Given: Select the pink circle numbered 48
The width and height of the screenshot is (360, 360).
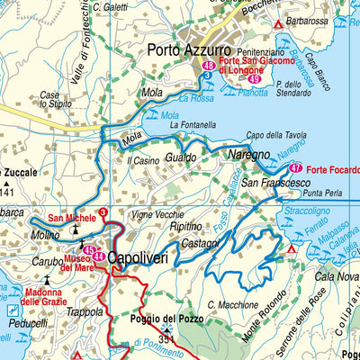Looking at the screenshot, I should (209, 66).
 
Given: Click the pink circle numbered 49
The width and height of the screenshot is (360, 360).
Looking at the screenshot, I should (254, 81).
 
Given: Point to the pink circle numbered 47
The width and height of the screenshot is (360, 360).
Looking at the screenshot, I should (295, 168).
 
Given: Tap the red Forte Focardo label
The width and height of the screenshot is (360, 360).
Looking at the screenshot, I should (332, 169).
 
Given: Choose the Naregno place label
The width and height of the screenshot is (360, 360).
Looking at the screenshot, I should (253, 155).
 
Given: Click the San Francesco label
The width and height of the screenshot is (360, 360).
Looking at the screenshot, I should (268, 184).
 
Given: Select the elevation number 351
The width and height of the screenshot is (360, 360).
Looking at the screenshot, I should (166, 339).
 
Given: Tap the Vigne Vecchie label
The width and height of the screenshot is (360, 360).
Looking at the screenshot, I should (156, 215).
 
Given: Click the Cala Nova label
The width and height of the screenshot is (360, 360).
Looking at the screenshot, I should (337, 276).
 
